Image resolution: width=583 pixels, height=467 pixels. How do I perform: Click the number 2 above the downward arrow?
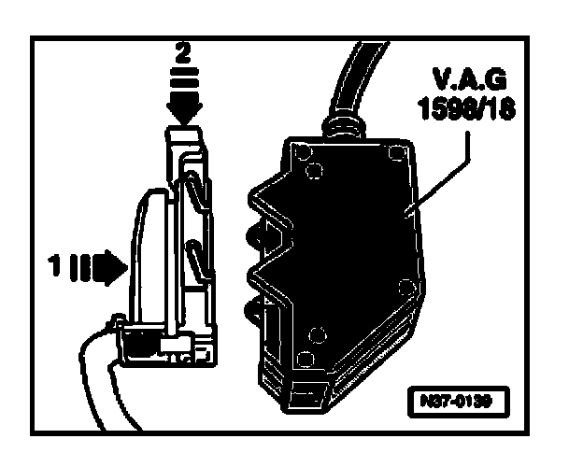click(184, 53)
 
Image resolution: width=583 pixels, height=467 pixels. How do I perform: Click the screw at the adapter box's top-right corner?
click(396, 151)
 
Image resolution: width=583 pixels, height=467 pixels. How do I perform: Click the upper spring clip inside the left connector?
click(192, 191)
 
